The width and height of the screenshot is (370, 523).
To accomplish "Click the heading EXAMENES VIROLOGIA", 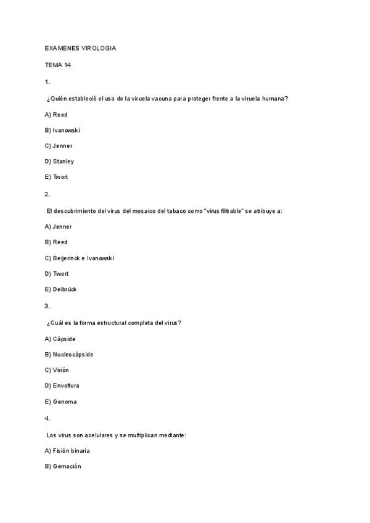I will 80,49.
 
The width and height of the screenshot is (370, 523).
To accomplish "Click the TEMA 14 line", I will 58,65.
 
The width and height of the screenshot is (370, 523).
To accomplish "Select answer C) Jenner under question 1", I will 59,146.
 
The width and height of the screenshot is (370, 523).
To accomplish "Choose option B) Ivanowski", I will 62,130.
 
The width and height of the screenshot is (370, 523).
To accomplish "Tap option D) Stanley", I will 59,162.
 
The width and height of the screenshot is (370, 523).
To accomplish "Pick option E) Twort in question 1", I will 57,178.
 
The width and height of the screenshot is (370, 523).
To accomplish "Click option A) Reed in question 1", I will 56,115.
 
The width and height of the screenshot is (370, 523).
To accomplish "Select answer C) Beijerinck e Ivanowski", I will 80,258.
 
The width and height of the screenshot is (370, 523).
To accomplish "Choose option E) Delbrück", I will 60,290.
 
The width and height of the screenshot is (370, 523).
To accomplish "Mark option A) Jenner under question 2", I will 59,227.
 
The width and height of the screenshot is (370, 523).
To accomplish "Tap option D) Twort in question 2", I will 57,274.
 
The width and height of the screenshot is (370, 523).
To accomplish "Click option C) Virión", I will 57,370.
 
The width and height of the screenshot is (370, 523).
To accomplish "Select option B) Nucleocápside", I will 69,355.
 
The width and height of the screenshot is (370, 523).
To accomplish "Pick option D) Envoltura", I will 62,386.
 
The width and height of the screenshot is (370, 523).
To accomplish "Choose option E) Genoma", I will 60,402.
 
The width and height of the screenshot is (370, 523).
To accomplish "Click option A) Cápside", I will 60,339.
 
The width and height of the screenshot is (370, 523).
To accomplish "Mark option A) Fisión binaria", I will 67,451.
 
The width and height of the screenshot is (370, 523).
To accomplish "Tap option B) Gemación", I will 63,467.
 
